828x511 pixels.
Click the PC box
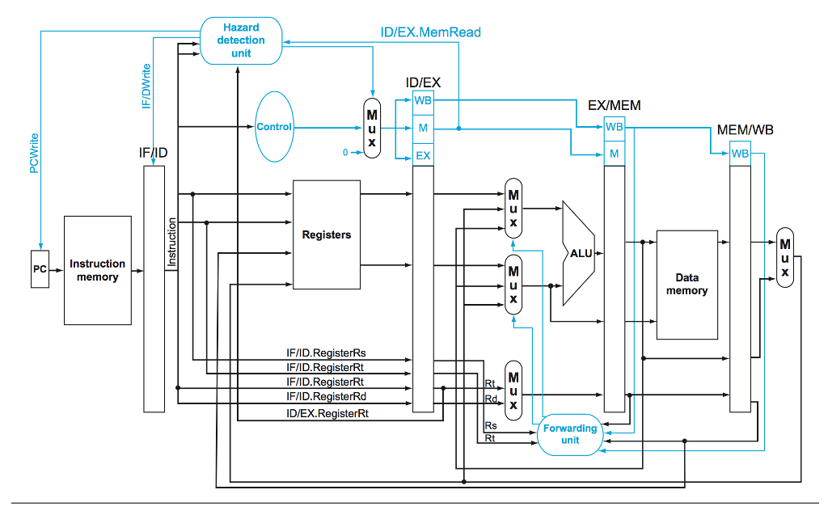[39, 270]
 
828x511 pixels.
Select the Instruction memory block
[97, 270]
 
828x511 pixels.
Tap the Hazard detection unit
[241, 40]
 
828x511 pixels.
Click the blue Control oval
[274, 127]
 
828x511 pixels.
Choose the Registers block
[326, 234]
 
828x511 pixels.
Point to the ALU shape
[579, 253]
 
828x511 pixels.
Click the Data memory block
[686, 284]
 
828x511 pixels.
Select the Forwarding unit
[569, 434]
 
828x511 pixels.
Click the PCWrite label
[34, 153]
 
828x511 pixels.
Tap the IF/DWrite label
[146, 87]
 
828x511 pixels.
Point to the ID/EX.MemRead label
[430, 32]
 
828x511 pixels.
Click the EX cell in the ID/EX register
[423, 155]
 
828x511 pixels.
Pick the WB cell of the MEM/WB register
[739, 153]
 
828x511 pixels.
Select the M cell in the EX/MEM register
[614, 153]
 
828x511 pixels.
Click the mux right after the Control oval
[371, 128]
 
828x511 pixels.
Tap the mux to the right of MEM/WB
[784, 258]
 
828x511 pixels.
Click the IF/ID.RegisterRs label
[326, 353]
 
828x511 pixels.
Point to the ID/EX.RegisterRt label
[327, 413]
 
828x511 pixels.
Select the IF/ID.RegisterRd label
[326, 397]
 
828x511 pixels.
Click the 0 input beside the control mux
[345, 152]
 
